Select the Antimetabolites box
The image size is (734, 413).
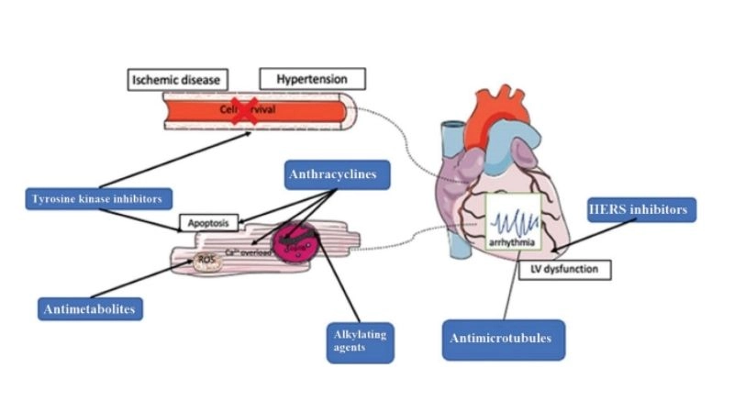pos(89,309)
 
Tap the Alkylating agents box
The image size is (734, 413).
pos(360,340)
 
